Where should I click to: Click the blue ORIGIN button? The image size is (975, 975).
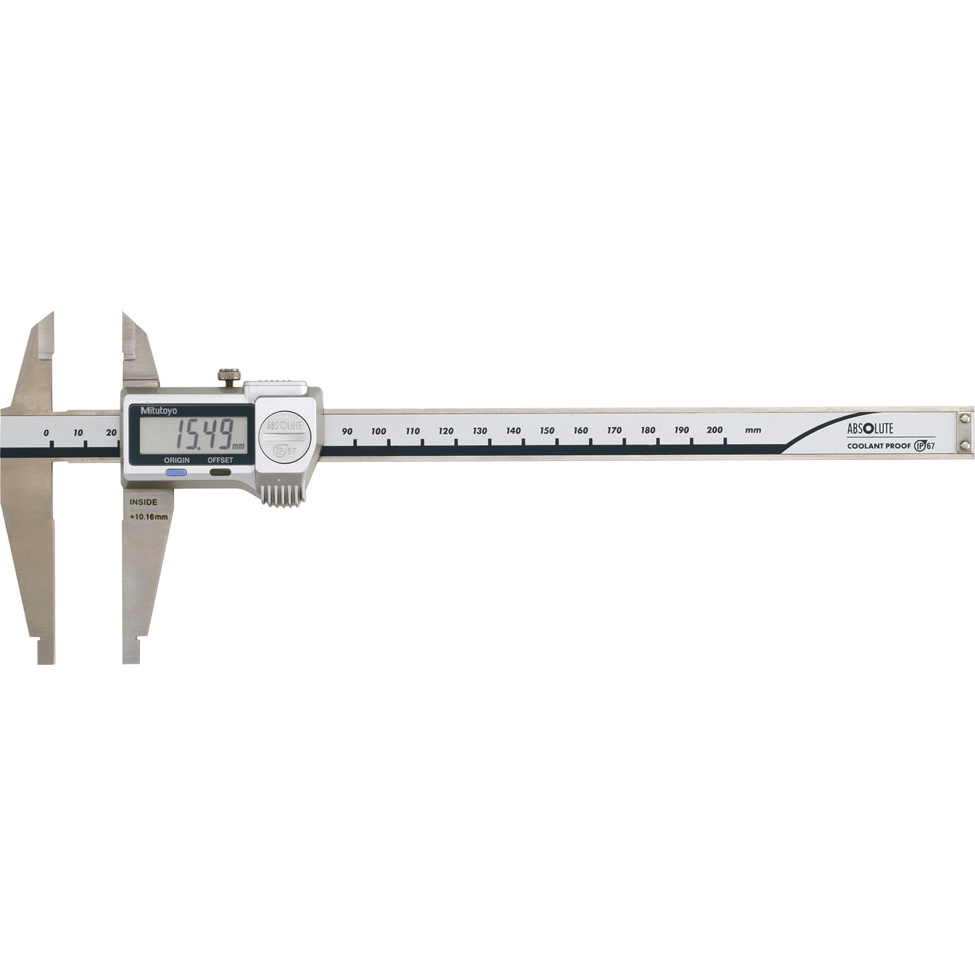177,473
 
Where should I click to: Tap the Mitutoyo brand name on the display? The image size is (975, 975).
148,410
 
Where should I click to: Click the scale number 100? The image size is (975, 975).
378,431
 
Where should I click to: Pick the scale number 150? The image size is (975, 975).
547,430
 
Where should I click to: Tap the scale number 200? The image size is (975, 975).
715,430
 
